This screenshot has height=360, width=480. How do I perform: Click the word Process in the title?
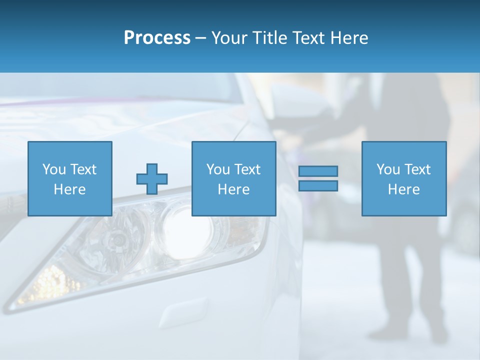(157, 38)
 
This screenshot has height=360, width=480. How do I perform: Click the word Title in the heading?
(270, 38)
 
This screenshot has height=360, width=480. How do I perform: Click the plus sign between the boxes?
(152, 178)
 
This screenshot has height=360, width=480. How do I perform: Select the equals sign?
(318, 178)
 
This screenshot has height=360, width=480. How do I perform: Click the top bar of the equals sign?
(318, 171)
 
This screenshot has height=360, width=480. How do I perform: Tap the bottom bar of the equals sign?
(318, 186)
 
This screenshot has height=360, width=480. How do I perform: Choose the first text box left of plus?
(69, 178)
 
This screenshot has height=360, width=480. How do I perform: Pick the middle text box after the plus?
(233, 178)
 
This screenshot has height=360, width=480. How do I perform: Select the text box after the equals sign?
(403, 178)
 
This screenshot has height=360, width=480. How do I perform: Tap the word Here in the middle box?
(233, 189)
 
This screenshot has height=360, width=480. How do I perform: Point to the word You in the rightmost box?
(388, 169)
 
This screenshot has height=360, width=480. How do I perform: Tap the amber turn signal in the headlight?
(47, 282)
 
